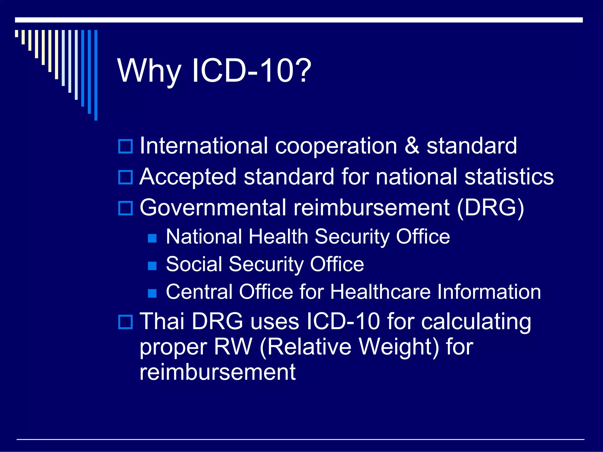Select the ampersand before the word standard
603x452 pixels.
412,146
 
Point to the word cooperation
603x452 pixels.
336,146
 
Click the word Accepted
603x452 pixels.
188,177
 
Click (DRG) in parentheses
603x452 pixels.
491,208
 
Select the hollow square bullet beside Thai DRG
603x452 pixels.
125,322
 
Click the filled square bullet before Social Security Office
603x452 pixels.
152,266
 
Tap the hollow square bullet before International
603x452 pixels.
125,146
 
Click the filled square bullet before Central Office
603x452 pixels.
152,293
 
